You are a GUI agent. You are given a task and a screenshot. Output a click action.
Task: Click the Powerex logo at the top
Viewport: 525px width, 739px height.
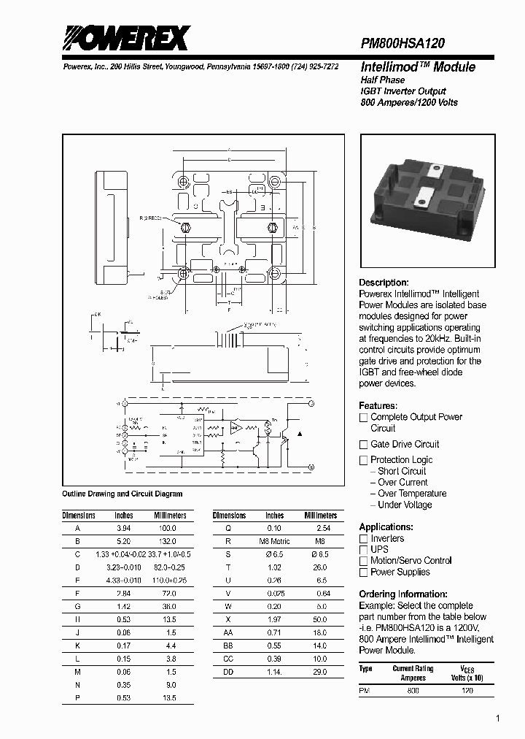[x=125, y=38]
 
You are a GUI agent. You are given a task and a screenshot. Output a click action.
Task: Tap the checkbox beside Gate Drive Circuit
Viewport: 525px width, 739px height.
[x=363, y=445]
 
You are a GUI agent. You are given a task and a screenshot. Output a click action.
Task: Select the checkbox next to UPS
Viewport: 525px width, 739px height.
[x=363, y=550]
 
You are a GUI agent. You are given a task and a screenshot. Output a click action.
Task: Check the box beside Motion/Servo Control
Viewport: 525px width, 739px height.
[x=363, y=561]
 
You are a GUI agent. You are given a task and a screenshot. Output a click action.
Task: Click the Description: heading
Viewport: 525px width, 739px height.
[x=384, y=283]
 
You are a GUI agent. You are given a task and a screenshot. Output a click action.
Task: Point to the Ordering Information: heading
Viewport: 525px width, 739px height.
[x=403, y=594]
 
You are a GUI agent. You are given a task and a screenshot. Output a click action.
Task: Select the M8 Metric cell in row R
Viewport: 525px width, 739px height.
[x=276, y=541]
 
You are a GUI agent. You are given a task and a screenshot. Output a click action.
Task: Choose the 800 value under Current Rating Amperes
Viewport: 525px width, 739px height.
[x=413, y=690]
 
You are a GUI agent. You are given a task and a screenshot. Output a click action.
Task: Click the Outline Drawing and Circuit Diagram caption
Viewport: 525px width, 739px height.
[x=122, y=494]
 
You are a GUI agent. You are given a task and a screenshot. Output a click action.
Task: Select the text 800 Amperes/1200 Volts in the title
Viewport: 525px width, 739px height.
[x=409, y=102]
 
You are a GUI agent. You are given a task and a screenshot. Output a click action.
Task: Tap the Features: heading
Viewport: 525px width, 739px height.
[x=378, y=405]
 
